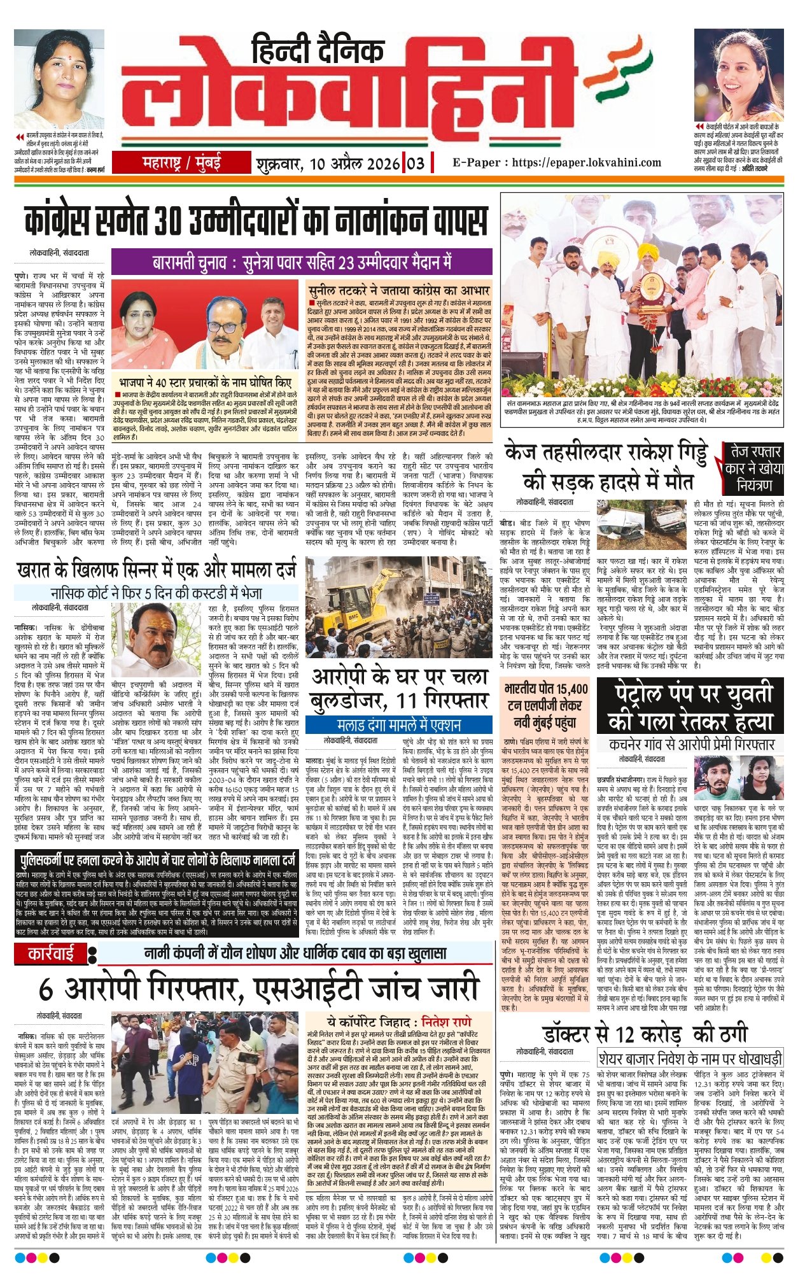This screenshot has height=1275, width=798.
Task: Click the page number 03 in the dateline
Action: pos(416,163)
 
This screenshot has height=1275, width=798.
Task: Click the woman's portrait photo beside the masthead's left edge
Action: pos(59,80)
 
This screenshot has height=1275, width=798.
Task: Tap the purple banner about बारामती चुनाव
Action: pos(302,262)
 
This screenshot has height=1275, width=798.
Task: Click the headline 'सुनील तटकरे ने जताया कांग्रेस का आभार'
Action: pos(399,291)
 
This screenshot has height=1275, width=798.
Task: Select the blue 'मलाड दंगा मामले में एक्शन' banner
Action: pos(399,724)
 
